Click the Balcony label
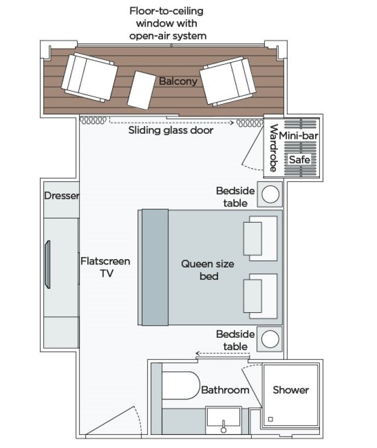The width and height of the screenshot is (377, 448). point(178,81)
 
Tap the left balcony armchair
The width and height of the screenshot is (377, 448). point(89,77)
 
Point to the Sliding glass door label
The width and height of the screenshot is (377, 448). point(171,130)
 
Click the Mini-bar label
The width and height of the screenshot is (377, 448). point(299,136)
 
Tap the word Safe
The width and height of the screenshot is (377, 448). point(299,160)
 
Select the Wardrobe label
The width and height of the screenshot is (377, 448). point(272,148)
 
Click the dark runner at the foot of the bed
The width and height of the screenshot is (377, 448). point(155,266)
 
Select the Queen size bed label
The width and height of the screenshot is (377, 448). point(208,270)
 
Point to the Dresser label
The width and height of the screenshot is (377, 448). point(62,196)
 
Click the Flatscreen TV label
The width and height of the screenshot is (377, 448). point(105,267)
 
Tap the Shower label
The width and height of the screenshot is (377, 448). point(291,390)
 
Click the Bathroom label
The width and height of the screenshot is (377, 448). point(225,390)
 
